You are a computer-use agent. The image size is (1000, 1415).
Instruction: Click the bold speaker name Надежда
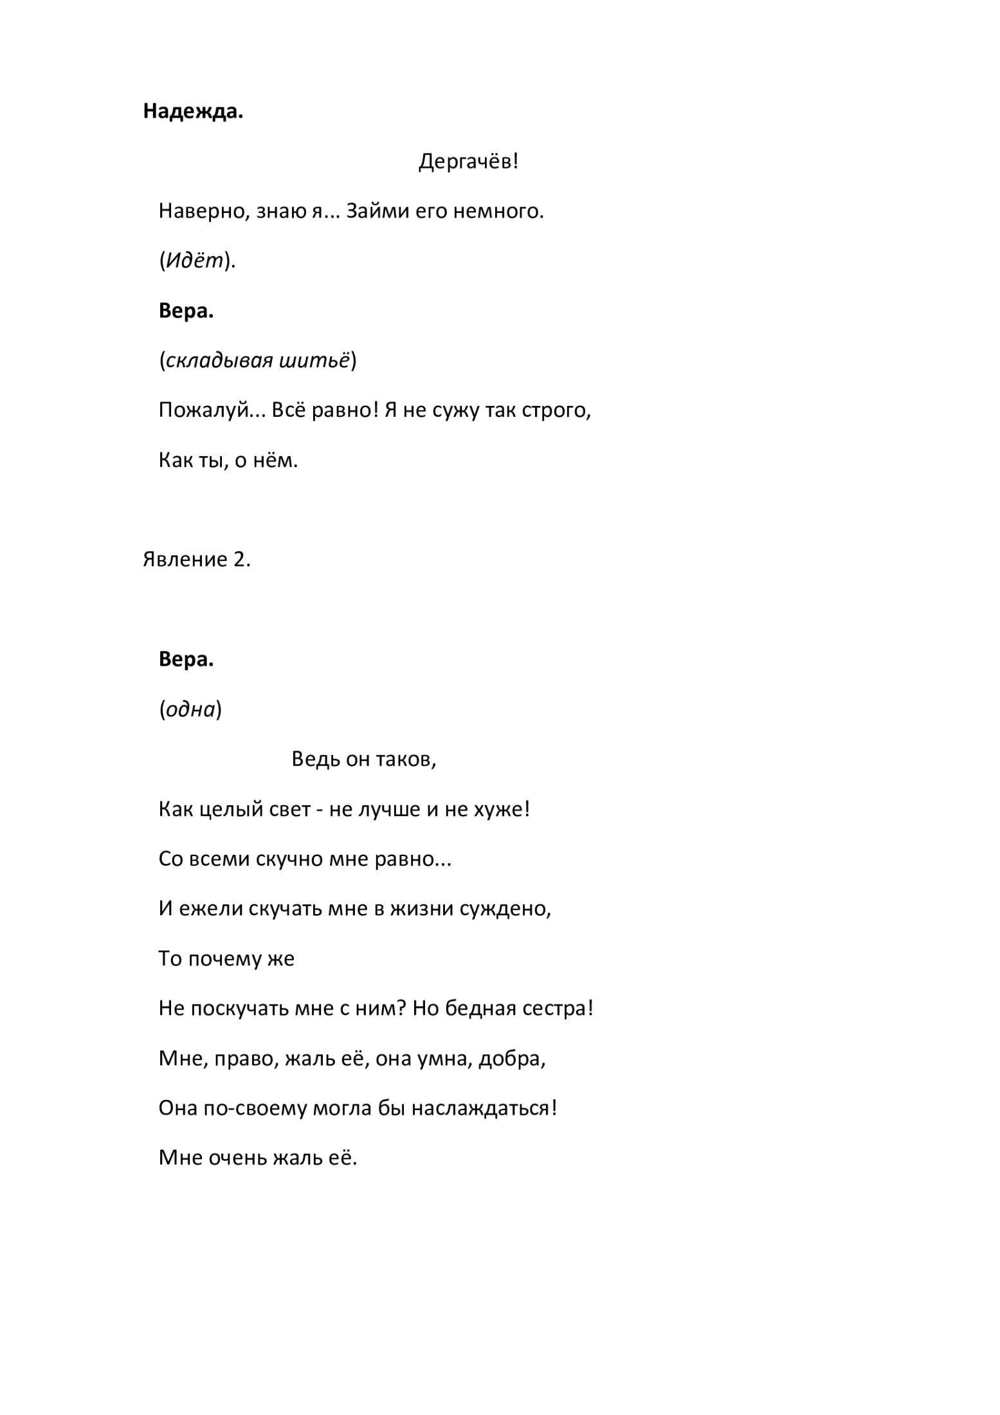(193, 112)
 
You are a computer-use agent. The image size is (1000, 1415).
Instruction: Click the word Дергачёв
(466, 161)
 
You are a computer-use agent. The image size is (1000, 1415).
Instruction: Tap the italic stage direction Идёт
(196, 260)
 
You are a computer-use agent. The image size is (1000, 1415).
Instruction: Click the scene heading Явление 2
(196, 560)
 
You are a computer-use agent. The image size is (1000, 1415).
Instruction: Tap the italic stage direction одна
(190, 709)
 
